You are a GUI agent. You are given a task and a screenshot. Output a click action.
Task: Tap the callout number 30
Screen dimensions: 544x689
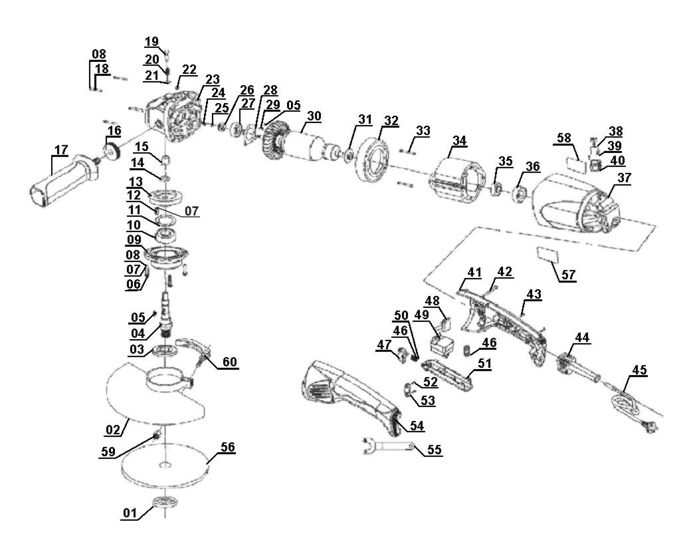[314, 115]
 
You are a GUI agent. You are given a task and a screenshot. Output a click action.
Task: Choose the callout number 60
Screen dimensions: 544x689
[230, 362]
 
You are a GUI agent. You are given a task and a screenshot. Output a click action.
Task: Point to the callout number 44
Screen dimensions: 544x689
[582, 338]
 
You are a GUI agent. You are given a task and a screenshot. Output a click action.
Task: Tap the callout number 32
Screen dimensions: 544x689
[391, 121]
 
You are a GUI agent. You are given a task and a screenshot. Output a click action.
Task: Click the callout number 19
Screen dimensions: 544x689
[152, 42]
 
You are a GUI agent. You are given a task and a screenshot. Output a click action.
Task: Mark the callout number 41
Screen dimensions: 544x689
[474, 272]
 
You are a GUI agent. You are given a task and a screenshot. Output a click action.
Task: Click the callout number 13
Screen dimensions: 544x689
[136, 182]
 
